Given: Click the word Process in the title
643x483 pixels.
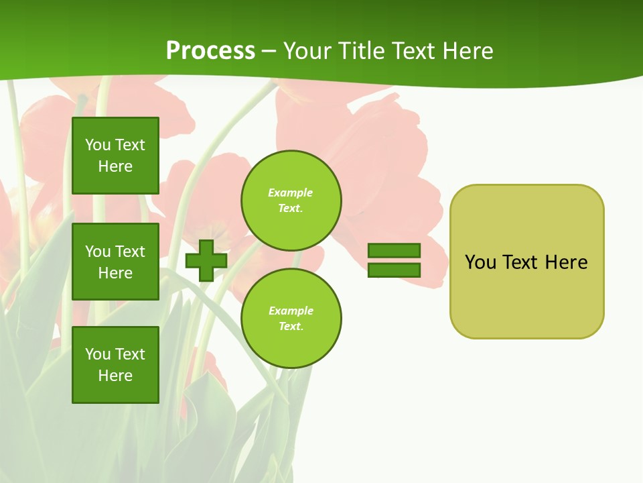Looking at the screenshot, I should tap(210, 51).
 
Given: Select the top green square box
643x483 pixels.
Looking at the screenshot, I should tap(115, 156).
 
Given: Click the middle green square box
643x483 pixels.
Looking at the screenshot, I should tap(115, 262).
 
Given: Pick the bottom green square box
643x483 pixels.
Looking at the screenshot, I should tap(115, 365).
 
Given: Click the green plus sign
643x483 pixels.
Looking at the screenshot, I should tap(206, 260).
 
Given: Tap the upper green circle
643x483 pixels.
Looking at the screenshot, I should tap(291, 201).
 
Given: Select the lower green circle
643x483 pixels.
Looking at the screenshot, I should tap(291, 319).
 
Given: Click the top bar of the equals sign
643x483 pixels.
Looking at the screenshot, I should tap(394, 250).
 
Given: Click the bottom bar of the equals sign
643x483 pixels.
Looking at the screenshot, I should tap(394, 270).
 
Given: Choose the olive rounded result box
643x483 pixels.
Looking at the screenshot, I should tap(526, 295).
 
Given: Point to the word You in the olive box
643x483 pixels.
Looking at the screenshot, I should tap(480, 262).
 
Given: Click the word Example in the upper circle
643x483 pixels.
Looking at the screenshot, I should tap(291, 193).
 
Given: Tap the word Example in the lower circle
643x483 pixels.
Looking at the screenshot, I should tap(291, 311).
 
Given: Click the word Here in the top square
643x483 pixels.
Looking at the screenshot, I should tap(115, 166).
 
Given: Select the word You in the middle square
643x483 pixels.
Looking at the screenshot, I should tap(97, 252).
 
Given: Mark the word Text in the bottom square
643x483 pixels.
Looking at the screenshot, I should tap(130, 354).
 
